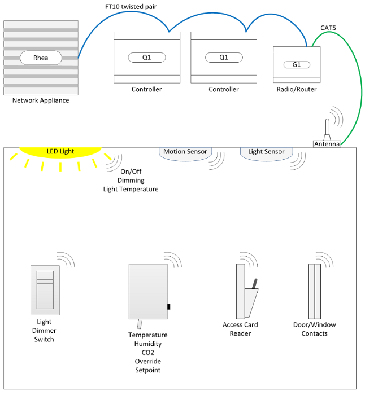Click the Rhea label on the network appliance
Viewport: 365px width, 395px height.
click(40, 58)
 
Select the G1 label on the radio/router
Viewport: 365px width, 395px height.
click(297, 65)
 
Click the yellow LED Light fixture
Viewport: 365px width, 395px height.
click(60, 152)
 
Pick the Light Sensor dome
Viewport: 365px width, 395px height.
click(266, 152)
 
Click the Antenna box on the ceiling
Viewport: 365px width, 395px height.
click(327, 144)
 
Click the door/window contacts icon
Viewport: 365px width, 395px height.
click(315, 291)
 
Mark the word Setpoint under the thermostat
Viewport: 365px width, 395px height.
click(147, 370)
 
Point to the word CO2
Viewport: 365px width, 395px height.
click(147, 353)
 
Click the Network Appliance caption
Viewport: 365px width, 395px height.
click(41, 100)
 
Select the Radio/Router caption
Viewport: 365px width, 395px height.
click(297, 89)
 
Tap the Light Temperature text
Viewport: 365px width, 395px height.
click(131, 189)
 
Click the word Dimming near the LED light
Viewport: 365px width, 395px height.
click(131, 181)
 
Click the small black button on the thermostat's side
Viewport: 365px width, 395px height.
click(169, 306)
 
